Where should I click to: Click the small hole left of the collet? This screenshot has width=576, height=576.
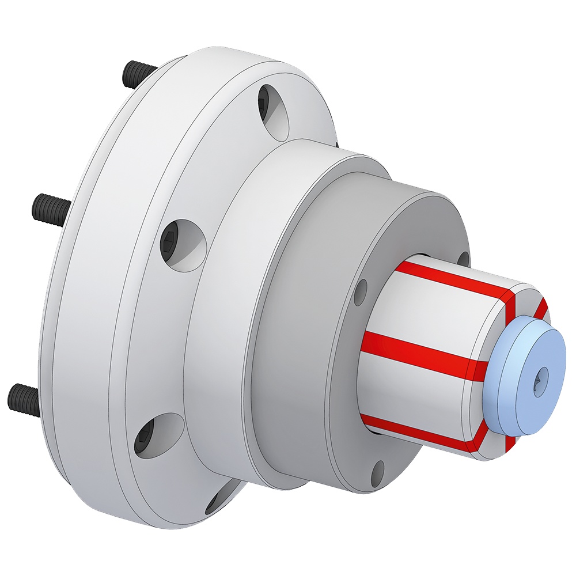[x=361, y=292]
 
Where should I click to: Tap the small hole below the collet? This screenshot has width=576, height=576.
[x=377, y=472]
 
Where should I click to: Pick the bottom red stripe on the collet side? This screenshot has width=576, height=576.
[x=420, y=432]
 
